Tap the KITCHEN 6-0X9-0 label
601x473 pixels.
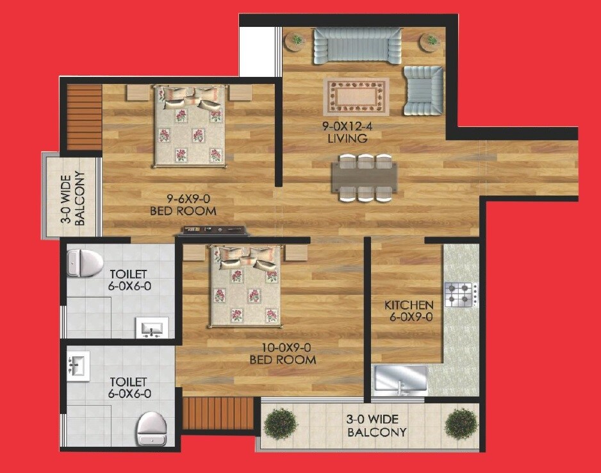pos(409,311)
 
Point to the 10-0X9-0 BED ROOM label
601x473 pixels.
pos(283,354)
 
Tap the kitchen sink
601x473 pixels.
pos(400,379)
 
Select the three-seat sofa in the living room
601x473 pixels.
pos(358,46)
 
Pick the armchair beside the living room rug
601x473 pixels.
pos(423,90)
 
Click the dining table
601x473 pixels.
pos(364,178)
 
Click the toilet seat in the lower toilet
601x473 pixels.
pos(152,424)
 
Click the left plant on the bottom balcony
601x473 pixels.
pos(280,424)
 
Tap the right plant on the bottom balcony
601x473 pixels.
pos(461,424)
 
